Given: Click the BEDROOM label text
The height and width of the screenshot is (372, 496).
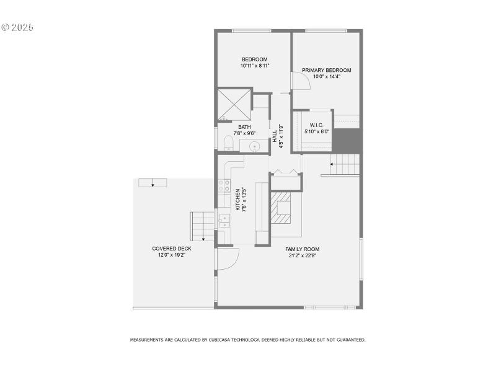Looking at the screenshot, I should click(255, 60).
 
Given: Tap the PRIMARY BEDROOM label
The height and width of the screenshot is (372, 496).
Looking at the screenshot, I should click(327, 70).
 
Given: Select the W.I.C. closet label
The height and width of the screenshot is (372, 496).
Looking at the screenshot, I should click(316, 125).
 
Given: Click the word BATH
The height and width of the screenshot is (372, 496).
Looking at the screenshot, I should click(244, 127).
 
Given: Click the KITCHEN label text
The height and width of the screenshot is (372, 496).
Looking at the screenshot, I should click(237, 198).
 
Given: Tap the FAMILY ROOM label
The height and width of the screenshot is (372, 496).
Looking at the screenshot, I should click(303, 249).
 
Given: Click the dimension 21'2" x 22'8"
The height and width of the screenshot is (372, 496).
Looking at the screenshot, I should click(303, 255).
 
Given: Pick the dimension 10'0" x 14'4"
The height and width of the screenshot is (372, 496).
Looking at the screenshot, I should click(327, 76).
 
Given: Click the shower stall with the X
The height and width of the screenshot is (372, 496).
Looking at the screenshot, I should click(234, 105).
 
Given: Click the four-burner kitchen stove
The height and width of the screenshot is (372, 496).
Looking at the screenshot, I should click(223, 187).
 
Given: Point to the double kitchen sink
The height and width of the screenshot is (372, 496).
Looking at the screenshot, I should click(223, 222).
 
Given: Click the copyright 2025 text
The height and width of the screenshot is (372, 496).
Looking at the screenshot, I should click(17, 27).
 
